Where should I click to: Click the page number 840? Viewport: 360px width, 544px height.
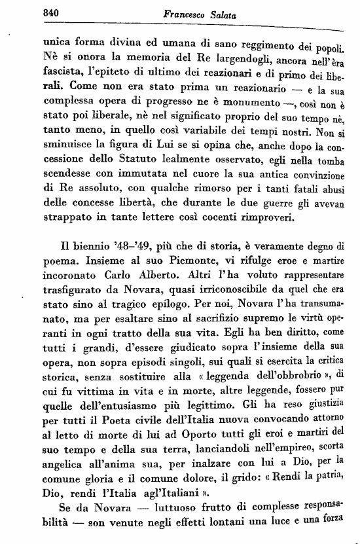coord(31,12)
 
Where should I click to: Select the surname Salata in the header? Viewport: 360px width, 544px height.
coord(203,12)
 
